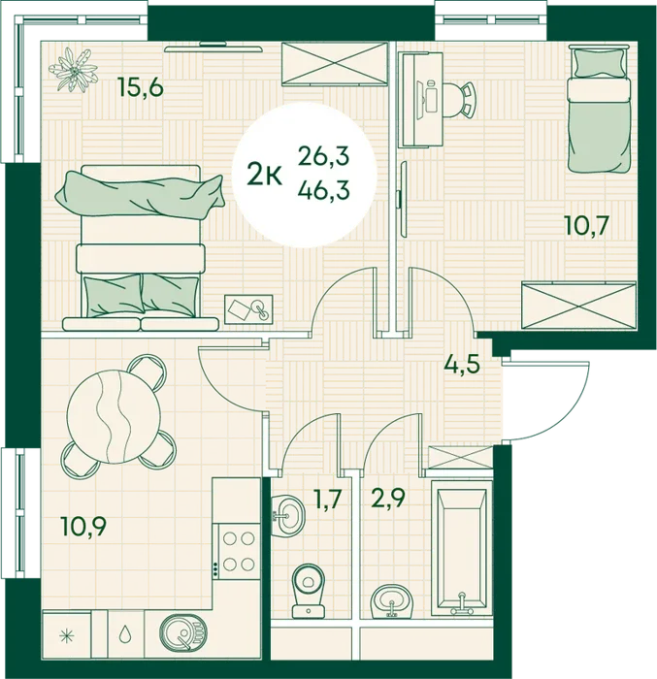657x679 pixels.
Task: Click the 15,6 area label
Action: pos(142,88)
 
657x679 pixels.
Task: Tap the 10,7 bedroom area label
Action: pos(588,225)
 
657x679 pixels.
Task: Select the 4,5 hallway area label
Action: pos(462,364)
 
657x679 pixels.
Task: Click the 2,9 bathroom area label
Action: pos(388,499)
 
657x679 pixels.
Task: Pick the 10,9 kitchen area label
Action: pos(84,528)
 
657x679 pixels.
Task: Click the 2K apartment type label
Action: pos(265,177)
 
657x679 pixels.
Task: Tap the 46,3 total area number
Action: pos(323,190)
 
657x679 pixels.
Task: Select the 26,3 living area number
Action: pos(323,156)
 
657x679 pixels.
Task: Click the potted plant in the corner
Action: pos(73,70)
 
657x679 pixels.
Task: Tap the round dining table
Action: pos(114,416)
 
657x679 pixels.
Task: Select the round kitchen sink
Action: pos(183,633)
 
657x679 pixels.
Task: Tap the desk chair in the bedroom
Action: pos(460,100)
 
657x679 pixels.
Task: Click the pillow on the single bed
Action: pos(599,62)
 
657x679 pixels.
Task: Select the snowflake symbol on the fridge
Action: pos(67,635)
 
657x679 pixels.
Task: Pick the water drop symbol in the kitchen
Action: pos(126,634)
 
